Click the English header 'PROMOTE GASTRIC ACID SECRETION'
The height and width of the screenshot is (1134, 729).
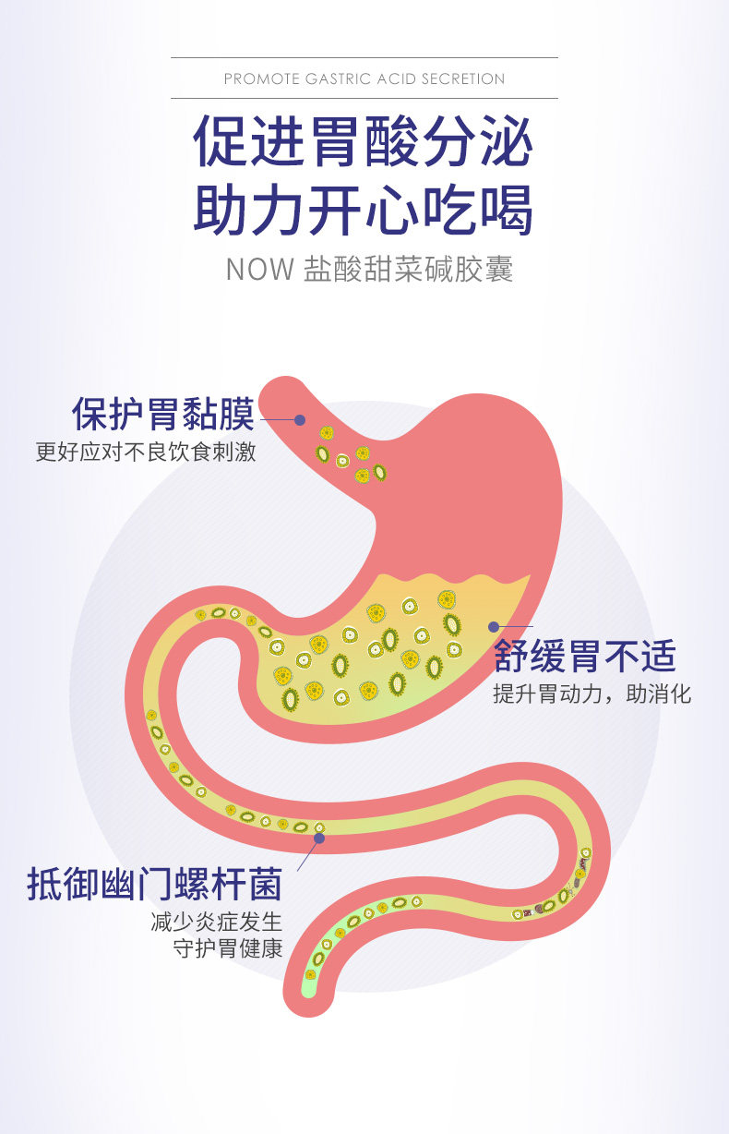click(364, 79)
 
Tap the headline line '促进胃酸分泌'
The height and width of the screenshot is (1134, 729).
click(364, 141)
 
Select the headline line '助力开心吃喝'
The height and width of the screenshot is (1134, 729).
click(364, 210)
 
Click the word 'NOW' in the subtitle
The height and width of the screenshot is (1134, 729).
click(259, 270)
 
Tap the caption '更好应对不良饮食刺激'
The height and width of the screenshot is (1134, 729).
click(146, 453)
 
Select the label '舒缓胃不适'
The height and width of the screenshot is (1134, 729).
click(584, 657)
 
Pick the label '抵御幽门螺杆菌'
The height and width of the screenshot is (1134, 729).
click(154, 885)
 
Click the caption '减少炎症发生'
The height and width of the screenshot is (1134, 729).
click(215, 923)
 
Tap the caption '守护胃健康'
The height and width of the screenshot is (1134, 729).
click(227, 949)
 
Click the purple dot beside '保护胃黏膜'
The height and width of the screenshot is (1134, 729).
click(299, 419)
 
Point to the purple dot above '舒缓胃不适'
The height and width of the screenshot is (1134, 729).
click(494, 627)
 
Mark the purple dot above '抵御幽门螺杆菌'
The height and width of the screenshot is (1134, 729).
click(318, 838)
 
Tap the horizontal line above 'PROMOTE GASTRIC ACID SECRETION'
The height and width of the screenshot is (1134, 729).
click(364, 58)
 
